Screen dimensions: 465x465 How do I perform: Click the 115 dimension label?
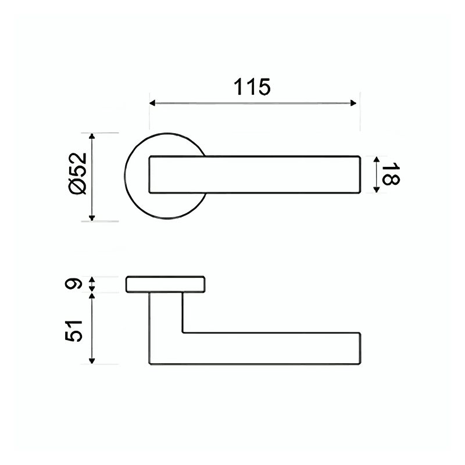tap(252, 87)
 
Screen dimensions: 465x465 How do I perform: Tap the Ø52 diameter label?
tap(77, 173)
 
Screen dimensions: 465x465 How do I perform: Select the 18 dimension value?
tap(390, 174)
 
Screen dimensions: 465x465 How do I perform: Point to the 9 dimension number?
tap(73, 284)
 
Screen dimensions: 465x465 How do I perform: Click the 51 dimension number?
tap(73, 331)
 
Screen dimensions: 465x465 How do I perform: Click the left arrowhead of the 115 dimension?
tap(152, 103)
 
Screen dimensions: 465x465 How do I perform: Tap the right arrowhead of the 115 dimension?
tap(353, 103)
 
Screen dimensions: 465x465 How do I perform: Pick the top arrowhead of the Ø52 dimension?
tap(92, 137)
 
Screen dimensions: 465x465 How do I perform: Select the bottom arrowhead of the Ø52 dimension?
tap(92, 217)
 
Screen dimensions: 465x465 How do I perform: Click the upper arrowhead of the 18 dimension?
tap(376, 159)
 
